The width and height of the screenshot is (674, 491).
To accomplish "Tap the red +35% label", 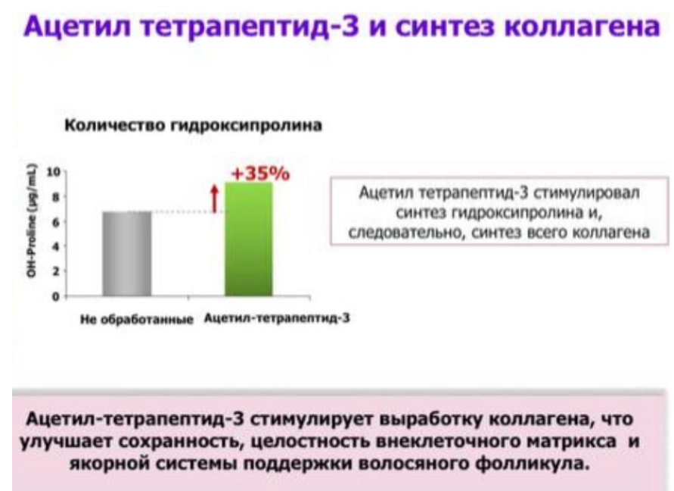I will tap(259, 174).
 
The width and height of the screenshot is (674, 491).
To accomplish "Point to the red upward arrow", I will tap(213, 199).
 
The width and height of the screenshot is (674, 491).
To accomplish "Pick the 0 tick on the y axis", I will tap(55, 296).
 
